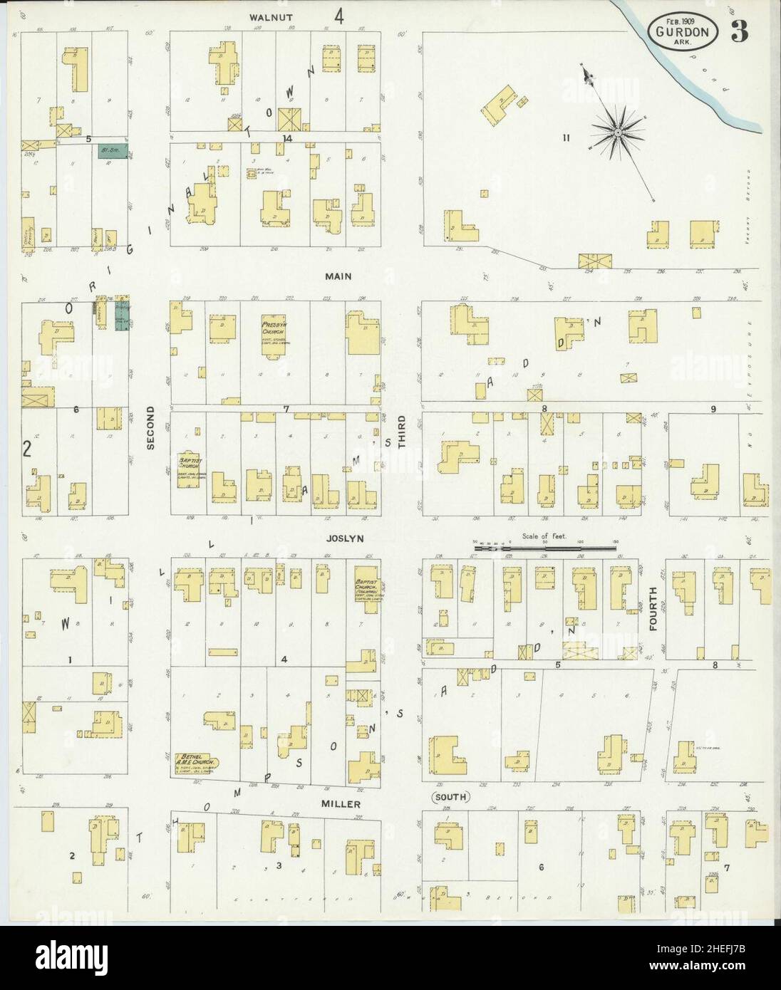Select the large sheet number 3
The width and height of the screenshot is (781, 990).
[x=738, y=30]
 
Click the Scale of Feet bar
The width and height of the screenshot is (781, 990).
[x=545, y=547]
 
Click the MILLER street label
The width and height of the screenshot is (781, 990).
[x=346, y=803]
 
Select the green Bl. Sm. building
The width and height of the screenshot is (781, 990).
[x=113, y=150]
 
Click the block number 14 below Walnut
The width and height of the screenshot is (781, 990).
[x=287, y=137]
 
